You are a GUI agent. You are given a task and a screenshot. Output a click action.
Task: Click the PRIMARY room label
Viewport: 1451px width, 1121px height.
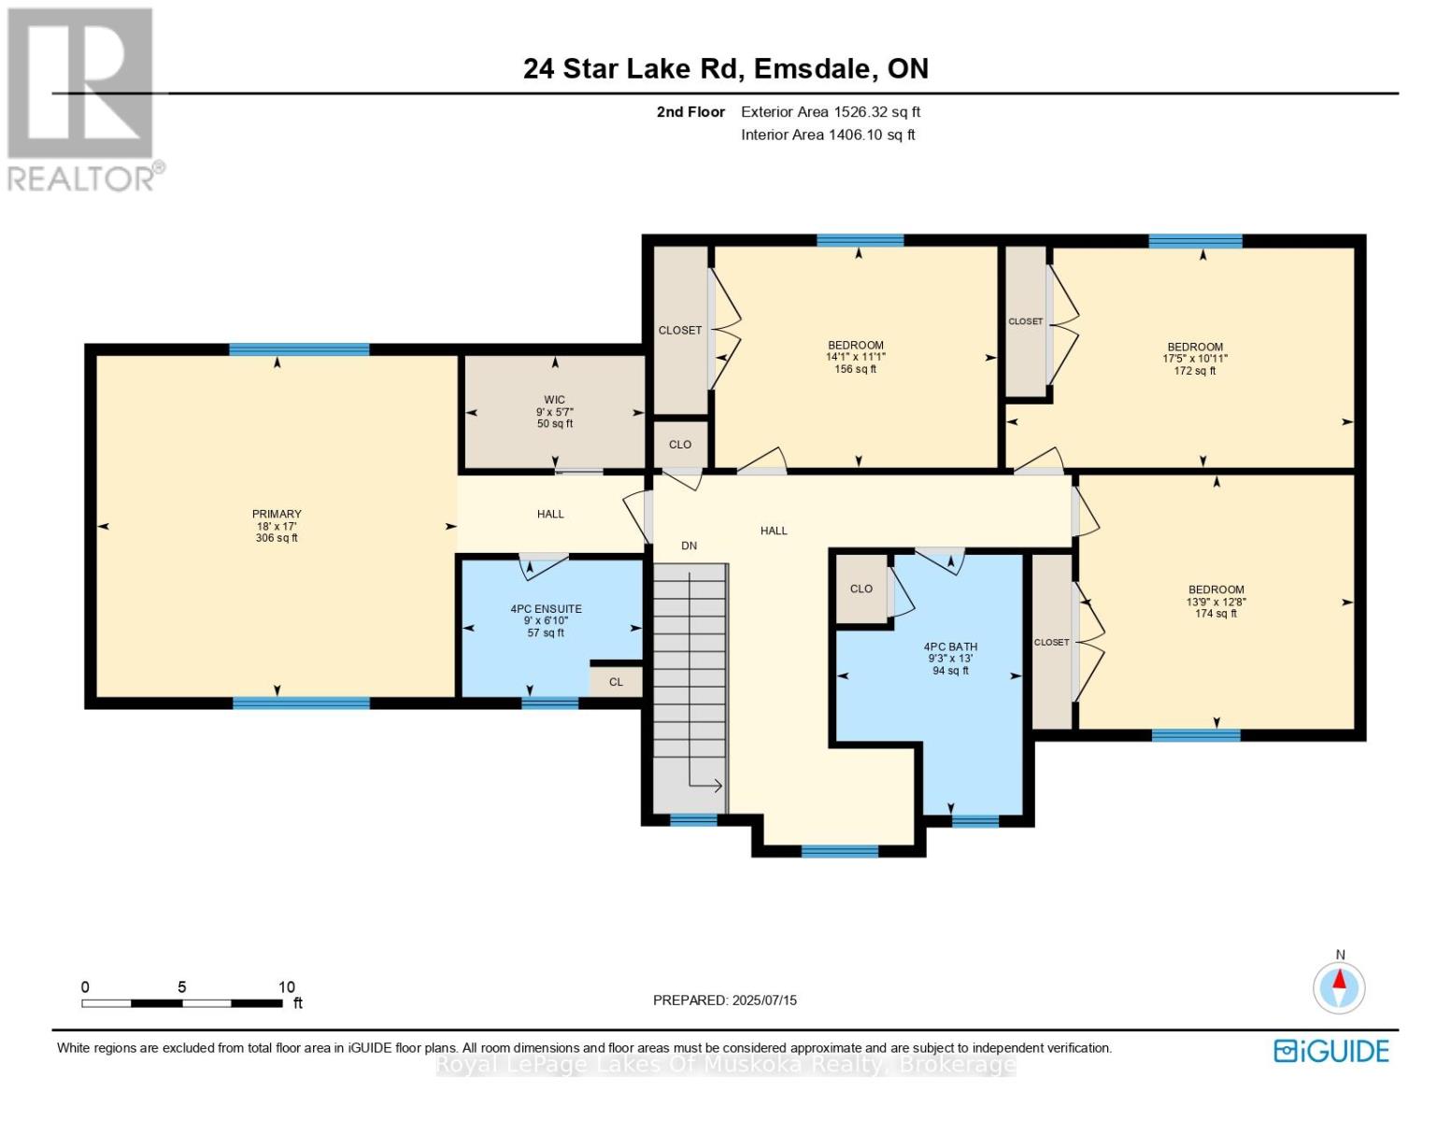277,514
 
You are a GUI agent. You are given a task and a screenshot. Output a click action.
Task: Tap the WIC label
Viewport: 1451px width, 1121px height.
554,400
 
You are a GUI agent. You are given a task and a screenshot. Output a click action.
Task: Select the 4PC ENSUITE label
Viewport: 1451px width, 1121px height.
546,609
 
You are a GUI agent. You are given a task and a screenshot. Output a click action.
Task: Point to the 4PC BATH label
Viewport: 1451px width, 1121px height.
950,646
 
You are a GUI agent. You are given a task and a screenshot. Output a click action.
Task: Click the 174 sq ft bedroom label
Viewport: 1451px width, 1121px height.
1216,589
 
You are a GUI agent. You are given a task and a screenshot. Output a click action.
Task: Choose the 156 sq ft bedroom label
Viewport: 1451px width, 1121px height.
856,346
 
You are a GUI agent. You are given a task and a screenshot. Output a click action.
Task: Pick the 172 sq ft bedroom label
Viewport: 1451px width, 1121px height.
1195,348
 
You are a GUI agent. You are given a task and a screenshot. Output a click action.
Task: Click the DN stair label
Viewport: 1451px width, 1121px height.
690,546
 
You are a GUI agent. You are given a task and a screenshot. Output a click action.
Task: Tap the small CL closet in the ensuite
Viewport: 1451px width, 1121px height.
616,682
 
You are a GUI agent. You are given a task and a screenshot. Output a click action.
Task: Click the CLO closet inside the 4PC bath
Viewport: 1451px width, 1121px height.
861,589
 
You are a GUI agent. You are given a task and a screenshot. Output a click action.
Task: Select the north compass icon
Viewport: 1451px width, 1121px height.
1339,986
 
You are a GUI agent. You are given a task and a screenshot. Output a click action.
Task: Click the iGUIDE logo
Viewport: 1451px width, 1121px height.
1330,1051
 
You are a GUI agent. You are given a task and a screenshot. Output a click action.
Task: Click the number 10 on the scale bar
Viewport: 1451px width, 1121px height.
287,986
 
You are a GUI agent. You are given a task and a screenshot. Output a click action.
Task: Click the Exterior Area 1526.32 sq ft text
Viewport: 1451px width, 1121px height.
831,112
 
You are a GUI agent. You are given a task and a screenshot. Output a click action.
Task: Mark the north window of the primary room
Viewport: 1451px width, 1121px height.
299,349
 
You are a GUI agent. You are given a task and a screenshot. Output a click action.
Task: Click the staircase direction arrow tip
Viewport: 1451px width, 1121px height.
722,786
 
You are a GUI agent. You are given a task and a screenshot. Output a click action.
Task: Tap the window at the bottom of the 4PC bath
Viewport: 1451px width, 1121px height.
974,821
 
